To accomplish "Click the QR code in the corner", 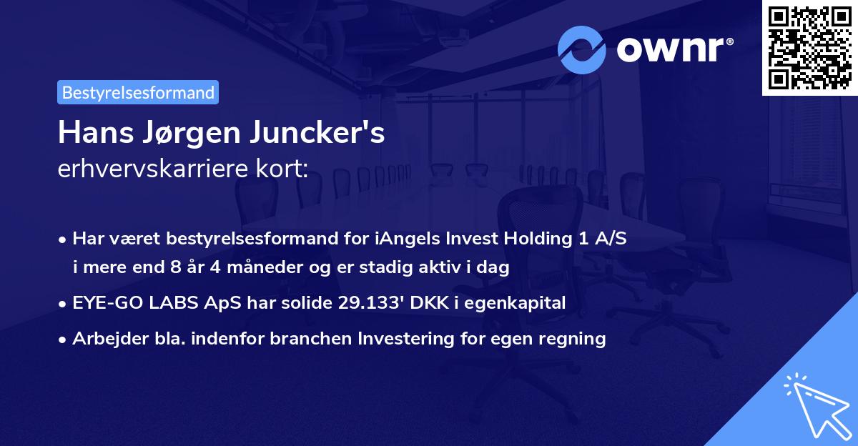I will pyautogui.click(x=809, y=47).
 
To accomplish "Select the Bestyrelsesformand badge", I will pyautogui.click(x=138, y=92).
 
